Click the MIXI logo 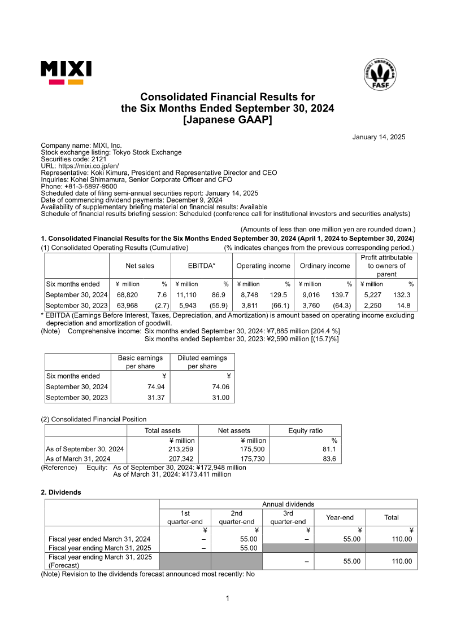66,73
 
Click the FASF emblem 379,74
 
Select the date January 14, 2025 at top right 379,137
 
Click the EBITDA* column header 202,266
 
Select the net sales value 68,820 128,295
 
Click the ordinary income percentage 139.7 342,295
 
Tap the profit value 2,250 373,305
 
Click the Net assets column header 234,430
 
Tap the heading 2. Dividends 61,492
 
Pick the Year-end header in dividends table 340,517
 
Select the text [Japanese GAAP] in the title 227,119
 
